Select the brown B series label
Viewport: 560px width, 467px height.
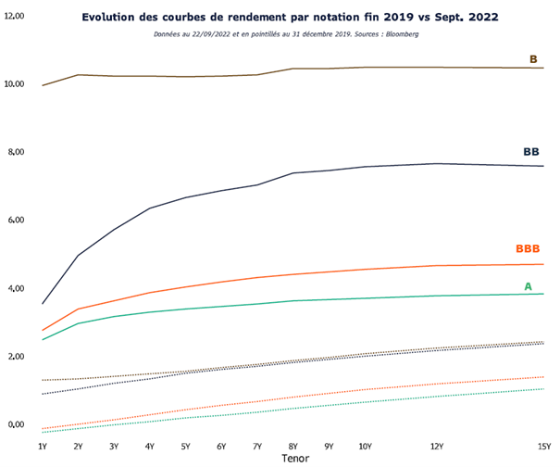point(533,59)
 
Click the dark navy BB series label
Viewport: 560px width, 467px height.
point(530,151)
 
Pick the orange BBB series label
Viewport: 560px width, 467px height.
point(528,249)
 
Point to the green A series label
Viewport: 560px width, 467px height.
point(528,286)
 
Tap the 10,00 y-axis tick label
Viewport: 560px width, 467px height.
point(14,84)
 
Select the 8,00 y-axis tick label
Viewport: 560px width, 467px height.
point(16,152)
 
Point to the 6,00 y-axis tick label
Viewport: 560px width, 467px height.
point(16,221)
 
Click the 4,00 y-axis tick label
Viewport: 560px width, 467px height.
point(16,288)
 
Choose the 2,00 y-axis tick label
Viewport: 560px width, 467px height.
point(16,357)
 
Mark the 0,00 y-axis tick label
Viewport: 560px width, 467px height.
point(16,424)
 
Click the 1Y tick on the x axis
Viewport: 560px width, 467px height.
point(42,446)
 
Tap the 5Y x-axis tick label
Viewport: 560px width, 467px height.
point(185,446)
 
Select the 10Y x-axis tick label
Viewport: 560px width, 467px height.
point(365,446)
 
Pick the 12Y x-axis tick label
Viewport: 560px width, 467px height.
point(437,446)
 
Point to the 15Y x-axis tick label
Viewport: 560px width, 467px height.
point(544,446)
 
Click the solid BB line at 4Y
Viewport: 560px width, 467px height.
point(150,208)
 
